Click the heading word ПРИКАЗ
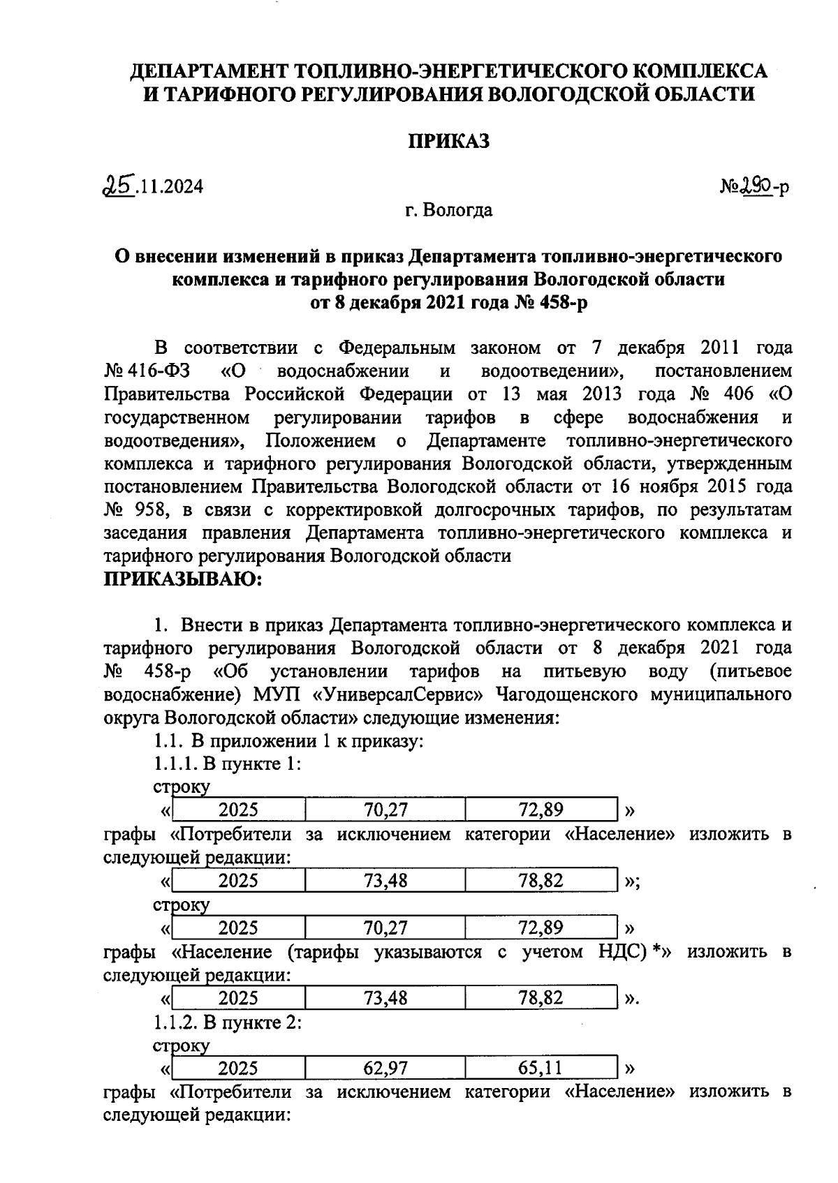[x=448, y=141]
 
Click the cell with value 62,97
[x=385, y=1068]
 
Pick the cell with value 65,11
[x=541, y=1068]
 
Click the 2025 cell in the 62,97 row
[x=238, y=1068]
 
